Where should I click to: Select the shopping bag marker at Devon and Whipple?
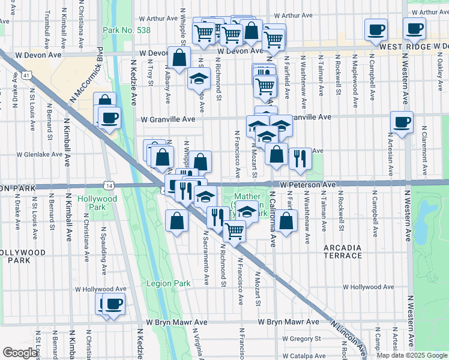pos(179,58)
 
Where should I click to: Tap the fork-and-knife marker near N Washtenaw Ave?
pos(300,158)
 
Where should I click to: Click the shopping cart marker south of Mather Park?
pos(234,230)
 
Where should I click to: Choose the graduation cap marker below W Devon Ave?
pos(198,79)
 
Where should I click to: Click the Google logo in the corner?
pos(20,353)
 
